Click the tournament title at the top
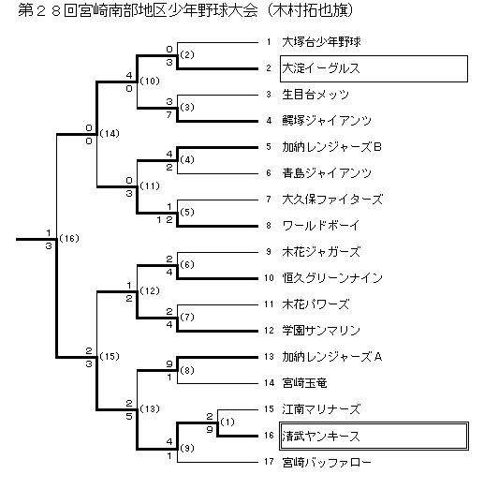[x=186, y=10]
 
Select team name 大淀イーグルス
[x=321, y=68]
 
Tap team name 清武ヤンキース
[x=321, y=436]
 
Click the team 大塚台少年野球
[x=321, y=42]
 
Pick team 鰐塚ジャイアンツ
[x=327, y=121]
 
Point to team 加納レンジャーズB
[x=331, y=147]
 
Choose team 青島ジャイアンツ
[x=327, y=173]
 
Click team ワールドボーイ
[x=321, y=226]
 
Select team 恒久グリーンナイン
[x=332, y=278]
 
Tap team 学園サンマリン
[x=321, y=331]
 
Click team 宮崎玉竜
[x=304, y=383]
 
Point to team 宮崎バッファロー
[x=327, y=462]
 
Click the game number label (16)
[x=69, y=239]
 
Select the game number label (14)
[x=110, y=134]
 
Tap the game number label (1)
[x=227, y=422]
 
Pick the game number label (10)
[x=150, y=81]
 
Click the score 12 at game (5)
[x=165, y=220]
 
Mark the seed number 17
[x=269, y=462]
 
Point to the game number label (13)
[x=150, y=408]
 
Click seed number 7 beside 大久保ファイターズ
[x=269, y=200]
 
